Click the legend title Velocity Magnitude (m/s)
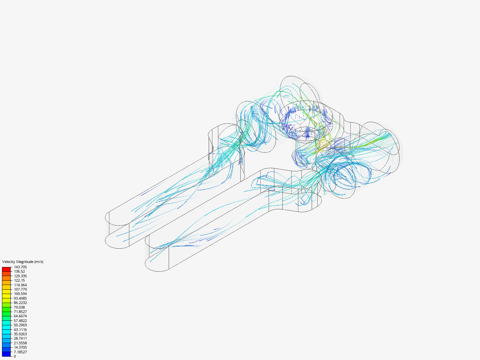pos(23,262)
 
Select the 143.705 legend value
pos(20,267)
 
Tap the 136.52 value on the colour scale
pos(19,271)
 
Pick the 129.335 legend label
pos(20,276)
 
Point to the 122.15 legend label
pos(19,280)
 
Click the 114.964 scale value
pos(20,285)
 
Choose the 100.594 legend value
pos(20,294)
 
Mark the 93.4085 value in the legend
pos(20,298)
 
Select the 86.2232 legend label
pos(20,303)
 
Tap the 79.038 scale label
pos(19,307)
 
